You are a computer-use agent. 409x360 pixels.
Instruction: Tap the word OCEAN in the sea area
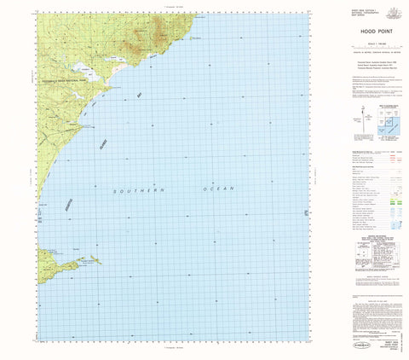(x=217, y=187)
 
